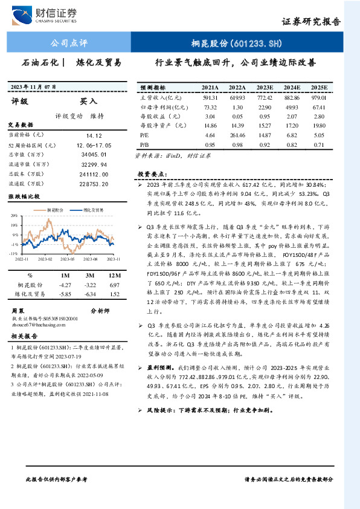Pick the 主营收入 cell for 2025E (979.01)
(x=319, y=97)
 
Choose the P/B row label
(x=144, y=145)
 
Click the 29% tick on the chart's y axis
(x=13, y=215)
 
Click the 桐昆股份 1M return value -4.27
(x=64, y=284)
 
